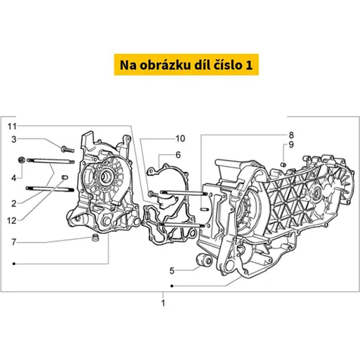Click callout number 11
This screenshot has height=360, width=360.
(x=12, y=127)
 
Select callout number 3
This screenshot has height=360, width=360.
(x=14, y=139)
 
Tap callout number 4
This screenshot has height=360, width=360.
(x=14, y=178)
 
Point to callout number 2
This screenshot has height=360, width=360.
(x=14, y=204)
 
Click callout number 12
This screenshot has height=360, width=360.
(x=12, y=221)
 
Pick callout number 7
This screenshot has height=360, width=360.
(x=14, y=242)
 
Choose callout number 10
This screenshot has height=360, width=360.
(x=181, y=138)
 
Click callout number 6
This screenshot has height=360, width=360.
(x=178, y=155)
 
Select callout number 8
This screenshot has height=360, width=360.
(x=291, y=135)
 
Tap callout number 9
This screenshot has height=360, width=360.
(x=291, y=145)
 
